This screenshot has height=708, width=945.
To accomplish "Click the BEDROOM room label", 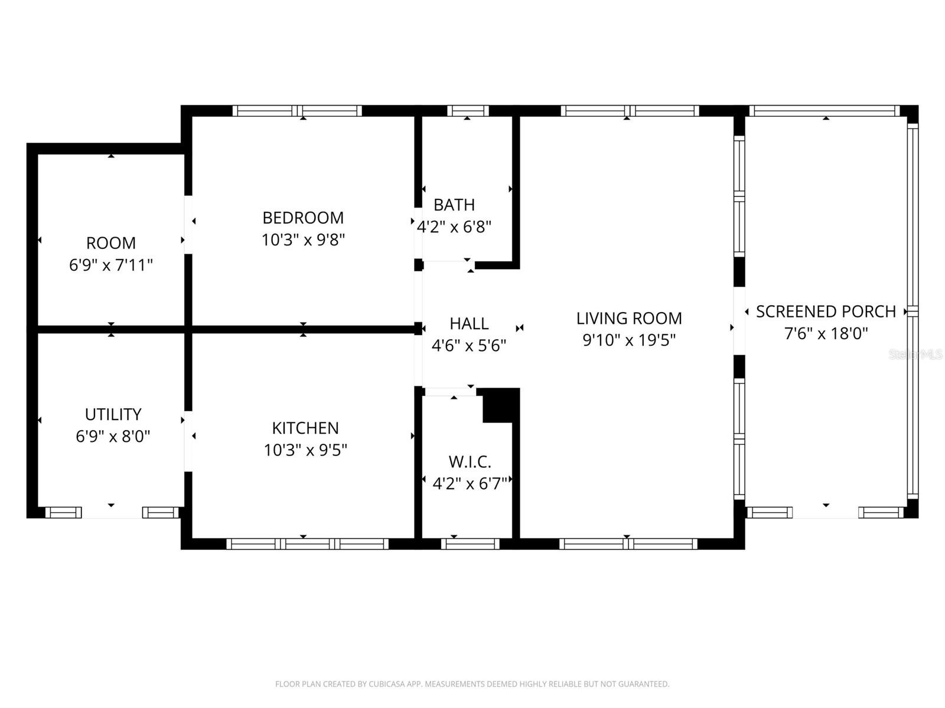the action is click(x=303, y=218).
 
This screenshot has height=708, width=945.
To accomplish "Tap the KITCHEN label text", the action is click(x=305, y=428).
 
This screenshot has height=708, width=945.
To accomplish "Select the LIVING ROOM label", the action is click(x=629, y=319).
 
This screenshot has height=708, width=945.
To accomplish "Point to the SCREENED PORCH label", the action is click(x=826, y=312).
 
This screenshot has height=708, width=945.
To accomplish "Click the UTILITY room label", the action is click(x=113, y=414).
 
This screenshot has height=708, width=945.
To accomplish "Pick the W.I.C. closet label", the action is click(x=470, y=462).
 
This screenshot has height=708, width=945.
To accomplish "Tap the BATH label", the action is click(x=454, y=205).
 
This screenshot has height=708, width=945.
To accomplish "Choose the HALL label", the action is click(x=469, y=324).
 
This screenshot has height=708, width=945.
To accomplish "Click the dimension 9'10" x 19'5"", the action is click(x=629, y=340).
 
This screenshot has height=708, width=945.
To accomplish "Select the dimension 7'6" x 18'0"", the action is click(x=826, y=333).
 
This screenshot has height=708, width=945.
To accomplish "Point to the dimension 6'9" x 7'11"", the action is click(x=110, y=265).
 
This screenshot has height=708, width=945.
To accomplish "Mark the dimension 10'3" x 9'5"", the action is click(x=305, y=450).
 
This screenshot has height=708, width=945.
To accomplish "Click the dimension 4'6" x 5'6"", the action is click(x=469, y=346).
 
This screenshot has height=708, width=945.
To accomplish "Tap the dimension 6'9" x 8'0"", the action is click(x=113, y=437).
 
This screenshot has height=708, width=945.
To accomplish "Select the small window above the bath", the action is click(x=468, y=111).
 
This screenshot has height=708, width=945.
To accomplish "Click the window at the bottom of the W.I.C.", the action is click(x=470, y=544).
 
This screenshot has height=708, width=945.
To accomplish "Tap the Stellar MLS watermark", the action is click(x=915, y=355).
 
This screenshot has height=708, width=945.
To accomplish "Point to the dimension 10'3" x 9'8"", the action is click(x=303, y=240).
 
